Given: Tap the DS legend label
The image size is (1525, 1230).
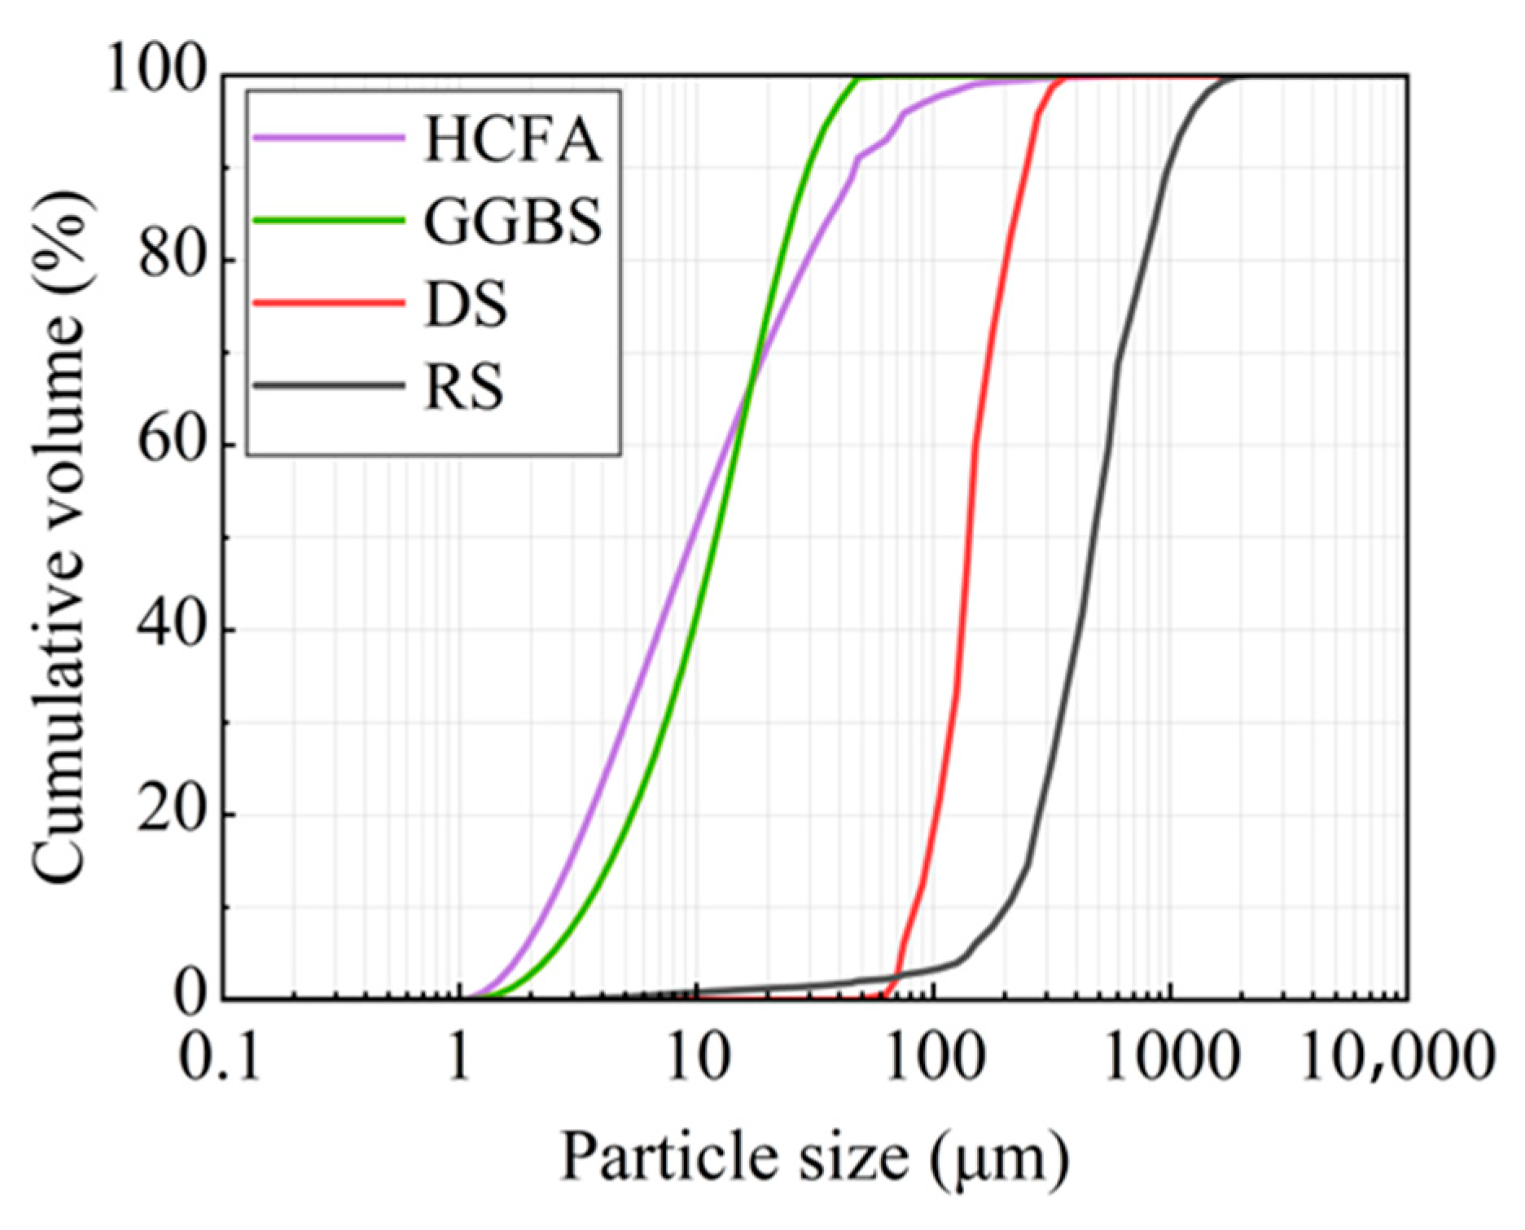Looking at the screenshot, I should (x=465, y=305).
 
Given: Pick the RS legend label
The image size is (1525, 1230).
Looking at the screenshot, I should (x=463, y=386).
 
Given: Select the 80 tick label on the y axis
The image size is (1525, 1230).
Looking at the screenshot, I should (x=166, y=259).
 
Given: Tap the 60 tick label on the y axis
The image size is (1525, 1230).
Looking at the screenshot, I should (x=166, y=444).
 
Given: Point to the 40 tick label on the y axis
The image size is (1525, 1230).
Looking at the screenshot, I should (x=166, y=629).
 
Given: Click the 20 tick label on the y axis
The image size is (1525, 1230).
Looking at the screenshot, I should (x=166, y=814).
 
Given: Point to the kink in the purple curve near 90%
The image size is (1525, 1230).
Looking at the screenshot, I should (x=858, y=157).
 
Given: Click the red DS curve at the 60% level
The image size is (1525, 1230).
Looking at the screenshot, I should (x=974, y=445).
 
